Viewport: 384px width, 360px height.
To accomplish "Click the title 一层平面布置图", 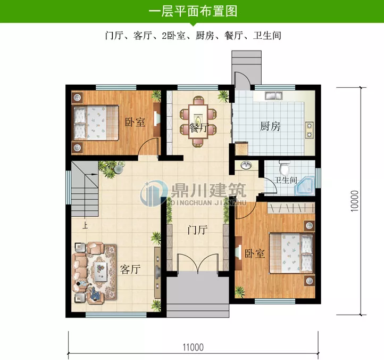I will pyautogui.click(x=192, y=11).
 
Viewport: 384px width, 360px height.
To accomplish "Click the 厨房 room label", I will pyautogui.click(x=270, y=127).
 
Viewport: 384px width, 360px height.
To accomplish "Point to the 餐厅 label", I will pyautogui.click(x=197, y=128).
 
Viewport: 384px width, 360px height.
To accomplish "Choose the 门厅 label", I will pyautogui.click(x=197, y=231).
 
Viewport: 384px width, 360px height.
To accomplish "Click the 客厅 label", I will pyautogui.click(x=130, y=269).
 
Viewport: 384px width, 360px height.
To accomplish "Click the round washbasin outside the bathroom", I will pyautogui.click(x=246, y=166).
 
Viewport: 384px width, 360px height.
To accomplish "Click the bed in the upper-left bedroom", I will pyautogui.click(x=96, y=122).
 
